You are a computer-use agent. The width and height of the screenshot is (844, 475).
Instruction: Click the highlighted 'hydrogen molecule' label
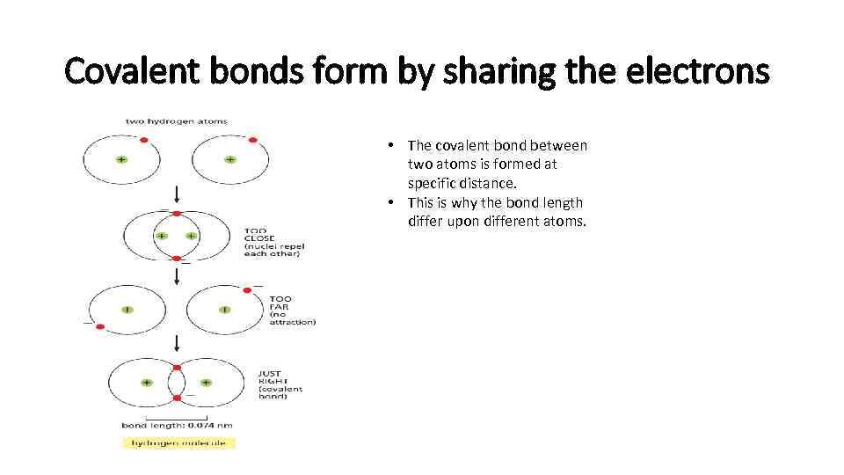point(178,442)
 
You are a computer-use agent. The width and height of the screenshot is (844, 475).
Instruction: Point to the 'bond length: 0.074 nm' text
point(178,426)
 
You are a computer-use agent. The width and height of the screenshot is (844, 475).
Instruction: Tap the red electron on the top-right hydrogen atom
point(252,139)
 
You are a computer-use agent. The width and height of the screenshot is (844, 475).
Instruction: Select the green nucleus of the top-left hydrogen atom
point(120,160)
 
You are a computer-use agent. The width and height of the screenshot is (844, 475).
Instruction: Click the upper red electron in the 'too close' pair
point(177,213)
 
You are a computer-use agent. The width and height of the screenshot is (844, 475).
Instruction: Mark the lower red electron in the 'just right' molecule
point(177,398)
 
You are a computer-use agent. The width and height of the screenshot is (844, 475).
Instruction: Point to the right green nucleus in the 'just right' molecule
point(206,383)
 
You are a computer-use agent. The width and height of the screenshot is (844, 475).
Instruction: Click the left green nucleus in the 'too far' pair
point(127,311)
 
